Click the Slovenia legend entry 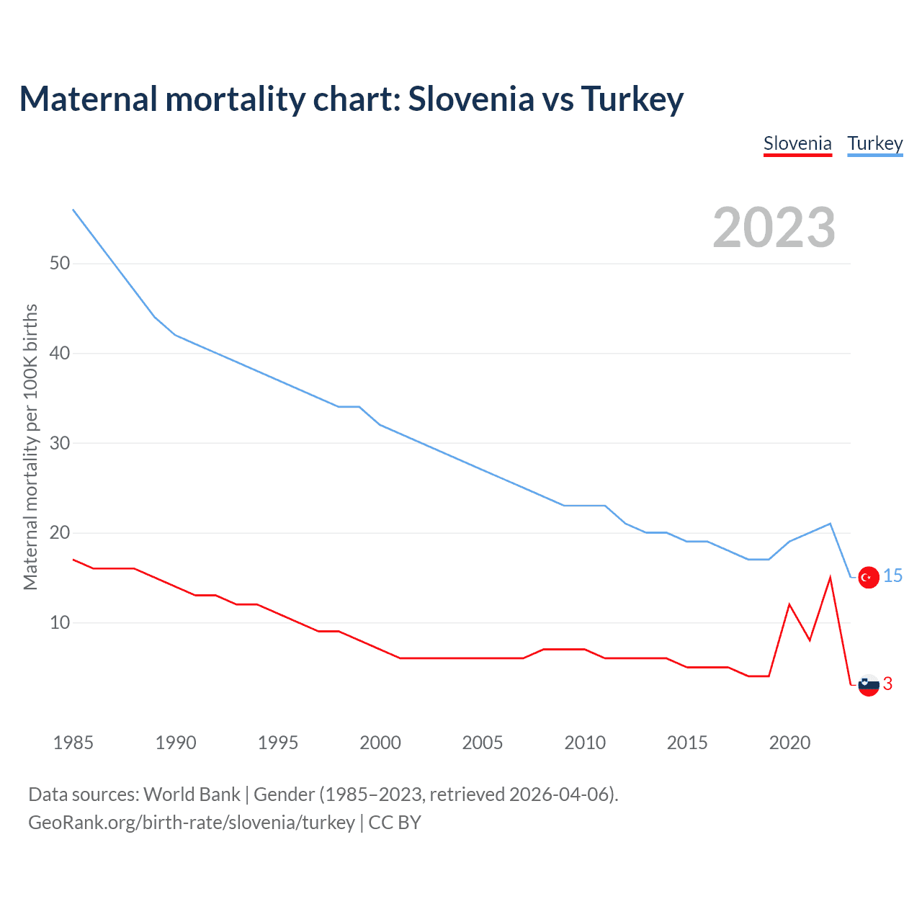point(797,144)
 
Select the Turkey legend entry point(874,144)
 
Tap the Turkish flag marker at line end point(869,577)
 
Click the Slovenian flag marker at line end point(869,685)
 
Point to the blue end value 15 point(893,576)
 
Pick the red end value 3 point(888,684)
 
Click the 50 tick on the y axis point(60,264)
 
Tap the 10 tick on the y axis point(60,623)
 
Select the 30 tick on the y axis point(60,444)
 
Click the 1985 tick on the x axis point(73,743)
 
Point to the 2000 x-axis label point(380,743)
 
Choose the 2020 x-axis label point(789,743)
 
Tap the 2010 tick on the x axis point(585,743)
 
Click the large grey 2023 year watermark point(774,228)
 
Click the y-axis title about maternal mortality point(30,447)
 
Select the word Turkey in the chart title point(632,99)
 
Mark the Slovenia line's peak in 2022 point(831,578)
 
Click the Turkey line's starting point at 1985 point(73,210)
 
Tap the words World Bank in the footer point(192,795)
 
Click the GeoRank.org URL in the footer point(192,823)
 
